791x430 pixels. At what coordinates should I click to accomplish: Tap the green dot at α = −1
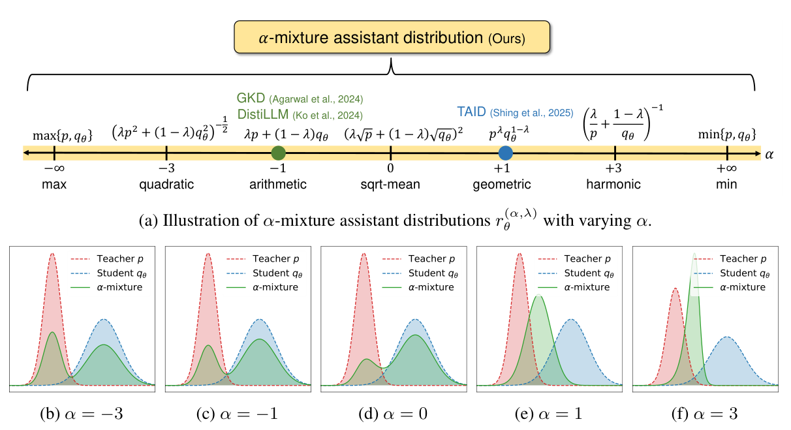click(x=279, y=153)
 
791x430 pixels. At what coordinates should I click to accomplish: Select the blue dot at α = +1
click(x=505, y=153)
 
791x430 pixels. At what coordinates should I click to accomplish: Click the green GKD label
click(x=250, y=99)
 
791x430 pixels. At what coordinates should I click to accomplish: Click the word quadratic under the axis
click(x=166, y=184)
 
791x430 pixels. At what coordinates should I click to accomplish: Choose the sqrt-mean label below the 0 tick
click(x=391, y=184)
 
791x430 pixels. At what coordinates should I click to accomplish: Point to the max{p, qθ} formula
click(x=63, y=136)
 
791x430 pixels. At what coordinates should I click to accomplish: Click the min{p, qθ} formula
click(x=727, y=136)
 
